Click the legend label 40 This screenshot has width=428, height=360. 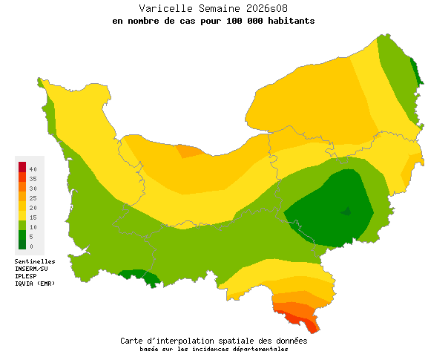[33, 169]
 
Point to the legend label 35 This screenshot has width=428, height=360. [33, 179]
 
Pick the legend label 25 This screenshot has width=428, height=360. [33, 198]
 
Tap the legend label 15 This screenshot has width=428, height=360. [33, 217]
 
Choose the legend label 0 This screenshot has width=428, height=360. [31, 246]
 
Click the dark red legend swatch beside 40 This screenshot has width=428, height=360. [22, 166]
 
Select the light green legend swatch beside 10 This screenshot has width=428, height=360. [22, 225]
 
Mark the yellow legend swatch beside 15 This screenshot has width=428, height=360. [22, 215]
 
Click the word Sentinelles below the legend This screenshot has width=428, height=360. [35, 261]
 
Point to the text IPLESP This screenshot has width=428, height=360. [26, 276]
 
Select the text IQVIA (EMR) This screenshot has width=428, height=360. [35, 284]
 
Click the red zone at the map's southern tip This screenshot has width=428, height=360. [304, 320]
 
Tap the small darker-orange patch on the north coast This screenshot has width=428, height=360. [188, 151]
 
